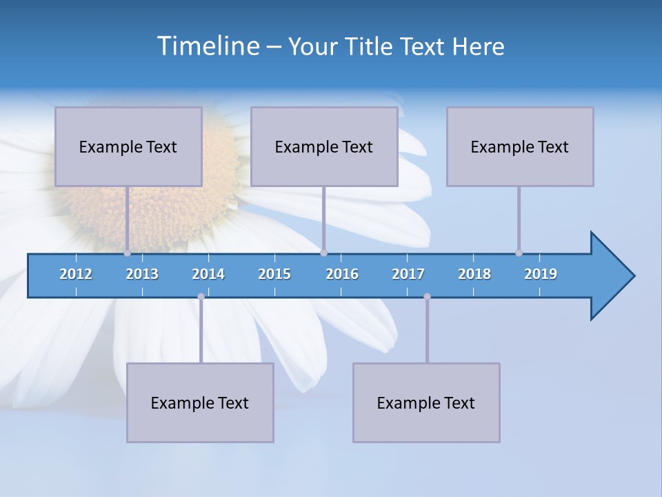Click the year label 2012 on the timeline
(x=76, y=274)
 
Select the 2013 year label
(x=142, y=274)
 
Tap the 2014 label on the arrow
(x=208, y=274)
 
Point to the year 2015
(x=274, y=274)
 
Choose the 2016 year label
(x=342, y=274)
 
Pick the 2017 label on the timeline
(x=408, y=274)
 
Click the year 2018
(x=474, y=274)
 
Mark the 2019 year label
(x=541, y=274)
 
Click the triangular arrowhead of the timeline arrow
(x=610, y=276)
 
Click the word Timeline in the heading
(x=208, y=46)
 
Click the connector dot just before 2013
(x=127, y=253)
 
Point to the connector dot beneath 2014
(x=201, y=297)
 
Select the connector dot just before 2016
(x=323, y=253)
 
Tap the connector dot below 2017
(x=427, y=297)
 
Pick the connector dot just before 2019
(x=519, y=253)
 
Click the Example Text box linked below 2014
(x=200, y=402)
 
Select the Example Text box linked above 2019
(x=520, y=146)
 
